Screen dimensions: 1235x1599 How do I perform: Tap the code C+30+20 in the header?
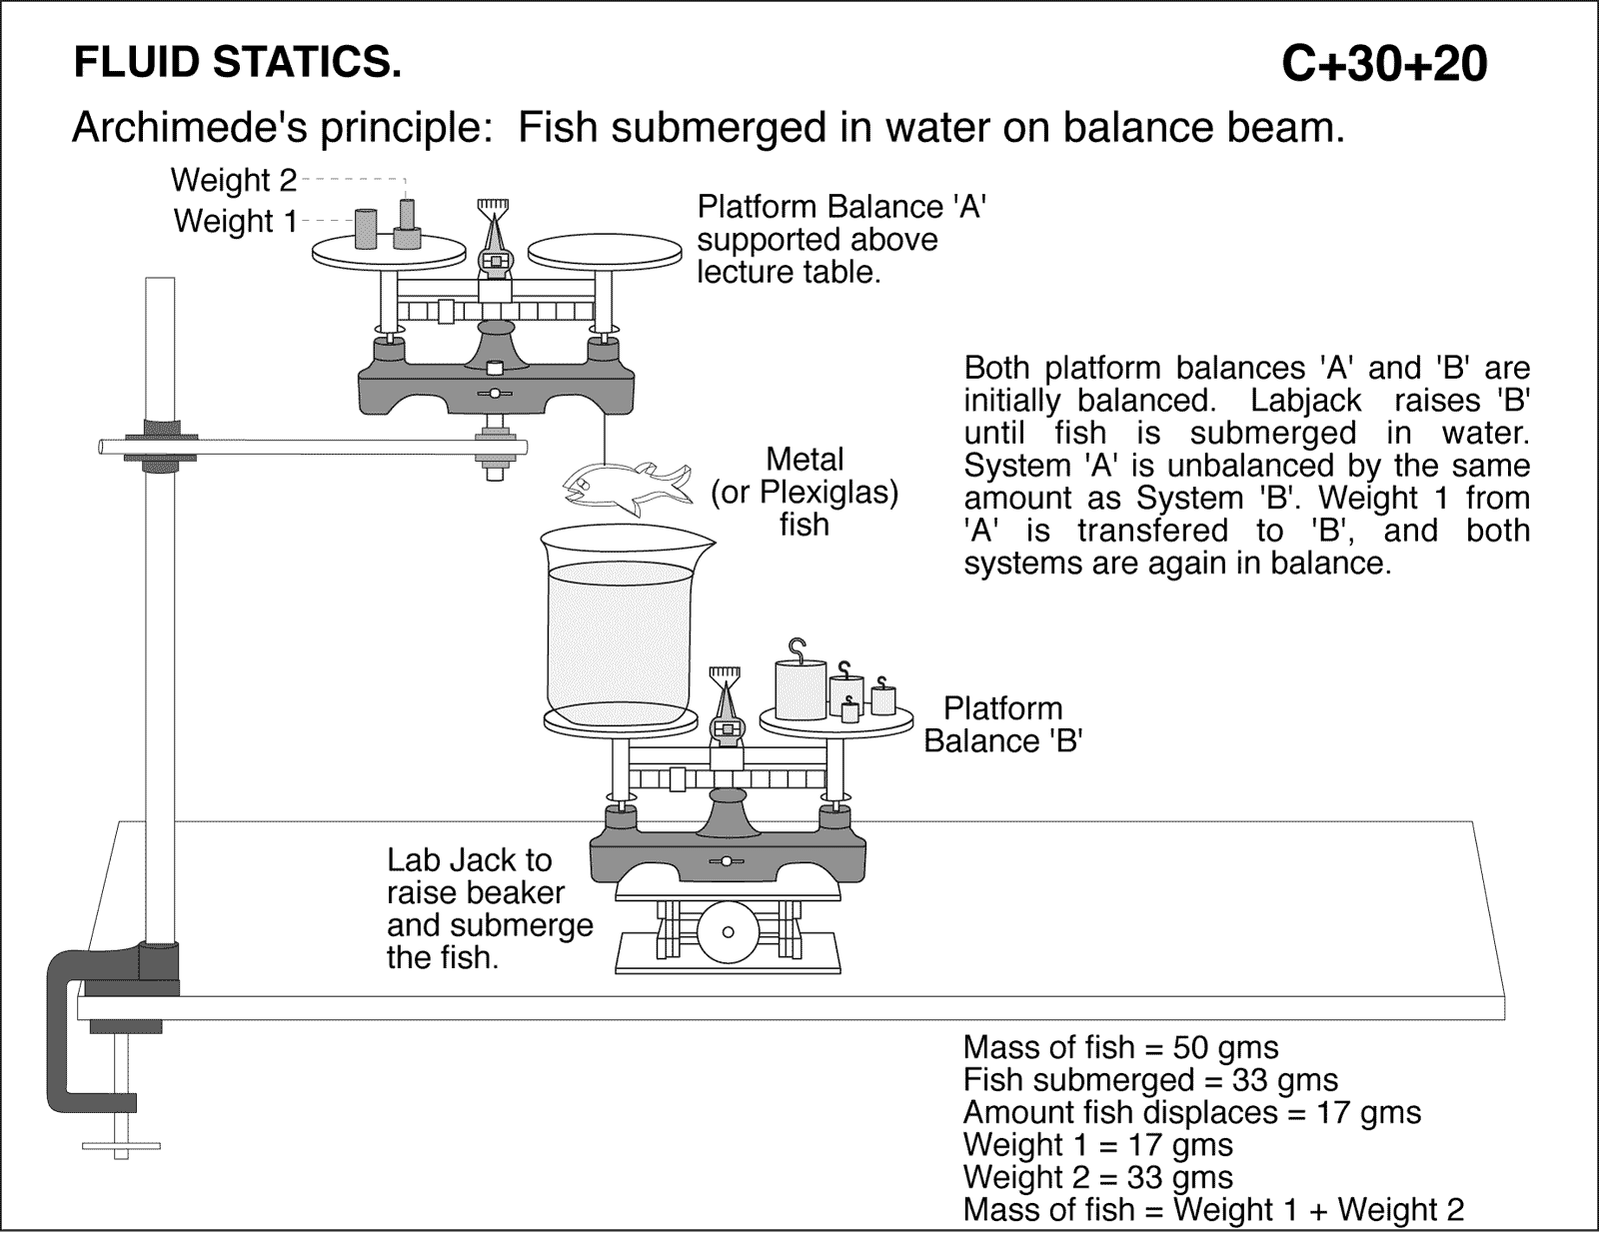[1384, 64]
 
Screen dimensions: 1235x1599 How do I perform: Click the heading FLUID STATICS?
[238, 63]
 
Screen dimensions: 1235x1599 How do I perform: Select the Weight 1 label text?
[236, 221]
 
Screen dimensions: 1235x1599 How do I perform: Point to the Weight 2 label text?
[234, 180]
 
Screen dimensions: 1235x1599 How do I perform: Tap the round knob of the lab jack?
[728, 931]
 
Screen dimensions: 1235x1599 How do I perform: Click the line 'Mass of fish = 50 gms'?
[1120, 1047]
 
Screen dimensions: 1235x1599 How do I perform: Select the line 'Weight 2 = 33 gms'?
[1097, 1176]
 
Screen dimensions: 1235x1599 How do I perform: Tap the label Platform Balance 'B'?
[1002, 724]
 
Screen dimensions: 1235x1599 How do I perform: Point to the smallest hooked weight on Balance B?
[849, 711]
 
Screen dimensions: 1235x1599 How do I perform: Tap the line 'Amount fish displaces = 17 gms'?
[1191, 1112]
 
